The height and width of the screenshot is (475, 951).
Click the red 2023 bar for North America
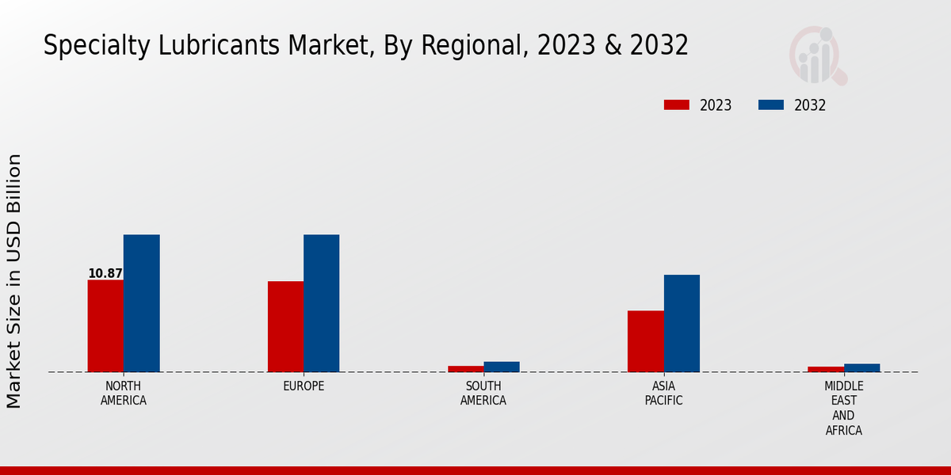[x=105, y=325]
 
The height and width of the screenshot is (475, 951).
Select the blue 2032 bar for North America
[x=141, y=303]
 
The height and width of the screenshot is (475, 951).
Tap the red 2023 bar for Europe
[x=285, y=326]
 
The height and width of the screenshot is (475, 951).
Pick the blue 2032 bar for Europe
[x=321, y=303]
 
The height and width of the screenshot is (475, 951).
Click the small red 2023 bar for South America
[x=465, y=369]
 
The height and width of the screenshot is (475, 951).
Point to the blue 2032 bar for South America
[x=502, y=367]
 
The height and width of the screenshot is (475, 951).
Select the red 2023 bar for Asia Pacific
[x=645, y=341]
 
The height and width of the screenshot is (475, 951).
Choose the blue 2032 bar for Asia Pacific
[x=682, y=323]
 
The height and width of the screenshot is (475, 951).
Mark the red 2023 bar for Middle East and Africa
[x=826, y=369]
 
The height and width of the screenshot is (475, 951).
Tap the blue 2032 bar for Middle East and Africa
[x=861, y=367]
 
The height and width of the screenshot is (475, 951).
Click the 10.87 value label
[x=105, y=274]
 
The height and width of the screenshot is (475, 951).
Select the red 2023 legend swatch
[x=677, y=105]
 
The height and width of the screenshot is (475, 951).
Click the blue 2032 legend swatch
[x=771, y=105]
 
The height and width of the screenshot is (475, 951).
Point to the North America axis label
[x=124, y=393]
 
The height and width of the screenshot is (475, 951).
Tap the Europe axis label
[x=304, y=386]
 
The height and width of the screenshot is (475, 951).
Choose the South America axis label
[x=483, y=393]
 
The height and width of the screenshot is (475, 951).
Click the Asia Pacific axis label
[x=663, y=393]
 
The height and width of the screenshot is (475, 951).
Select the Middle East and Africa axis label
[x=843, y=408]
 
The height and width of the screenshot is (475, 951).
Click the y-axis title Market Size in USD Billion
[x=14, y=281]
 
